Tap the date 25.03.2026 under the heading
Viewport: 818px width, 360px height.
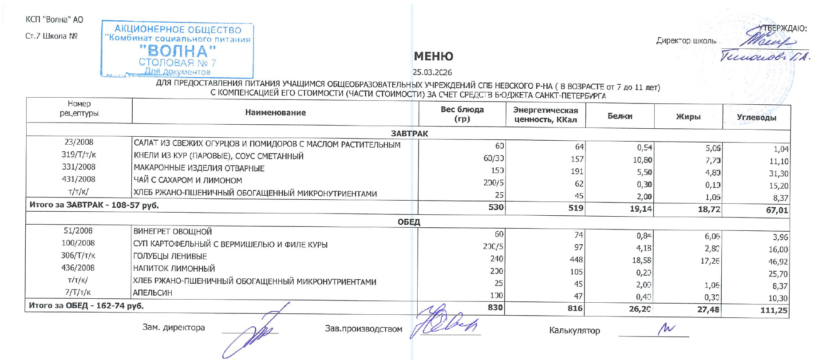point(432,72)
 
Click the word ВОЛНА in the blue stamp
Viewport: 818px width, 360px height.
point(178,51)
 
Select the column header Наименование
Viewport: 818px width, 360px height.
point(275,113)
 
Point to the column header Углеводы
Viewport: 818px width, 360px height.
point(756,118)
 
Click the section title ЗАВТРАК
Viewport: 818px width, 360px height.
point(409,134)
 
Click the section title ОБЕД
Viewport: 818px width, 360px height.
point(409,222)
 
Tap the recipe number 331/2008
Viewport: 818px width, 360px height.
point(79,167)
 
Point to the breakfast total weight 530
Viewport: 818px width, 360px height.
point(496,207)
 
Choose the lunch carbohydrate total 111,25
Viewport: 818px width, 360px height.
point(774,310)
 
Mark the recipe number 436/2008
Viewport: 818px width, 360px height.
point(78,268)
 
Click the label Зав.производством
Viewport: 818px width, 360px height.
point(364,329)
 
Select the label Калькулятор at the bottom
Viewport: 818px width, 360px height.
point(574,330)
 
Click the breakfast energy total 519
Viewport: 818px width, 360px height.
point(576,208)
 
